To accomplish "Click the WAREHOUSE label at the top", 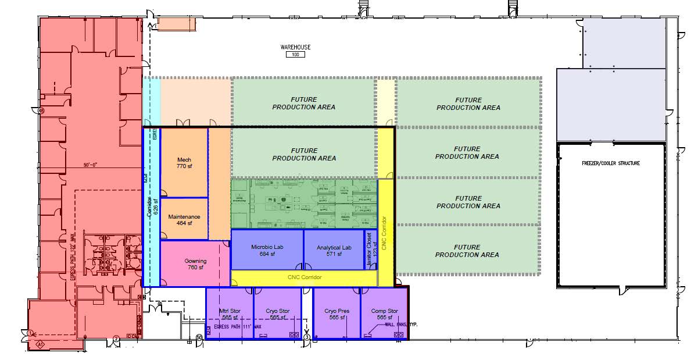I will (295, 47).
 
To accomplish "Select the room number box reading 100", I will (295, 55).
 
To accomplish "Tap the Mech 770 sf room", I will (184, 163).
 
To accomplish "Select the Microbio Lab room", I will (267, 250).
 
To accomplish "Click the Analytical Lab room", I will (334, 250).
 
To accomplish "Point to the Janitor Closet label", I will (370, 250).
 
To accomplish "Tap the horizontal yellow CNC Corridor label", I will (304, 277).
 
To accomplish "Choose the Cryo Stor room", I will (277, 314).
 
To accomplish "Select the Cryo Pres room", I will (335, 314).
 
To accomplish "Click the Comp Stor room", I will (384, 314).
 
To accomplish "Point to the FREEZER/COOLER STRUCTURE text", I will (611, 163).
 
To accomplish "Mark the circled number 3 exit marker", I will (307, 337).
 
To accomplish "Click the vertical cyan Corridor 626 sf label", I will (151, 204).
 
